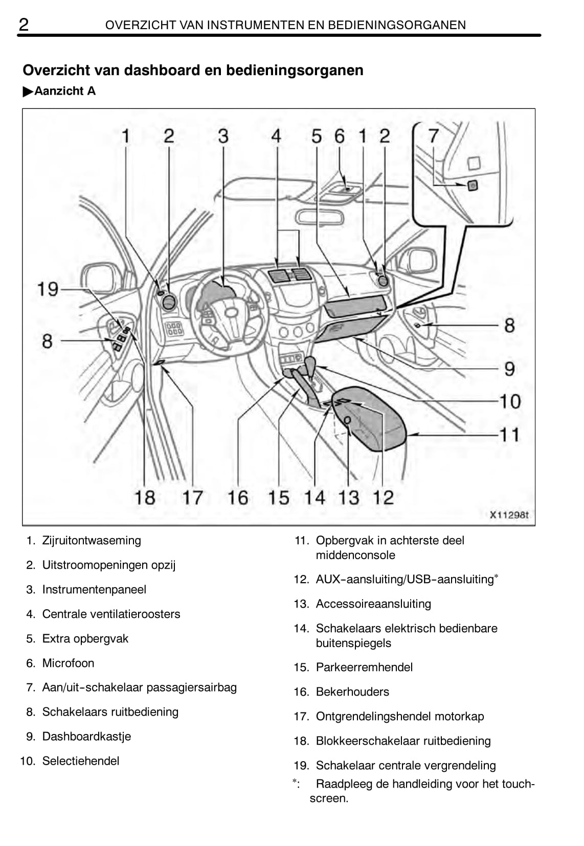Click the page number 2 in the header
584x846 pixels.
pos(24,24)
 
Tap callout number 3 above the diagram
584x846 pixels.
pos(223,136)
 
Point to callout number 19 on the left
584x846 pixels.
pos(48,289)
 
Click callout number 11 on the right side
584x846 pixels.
pos(509,434)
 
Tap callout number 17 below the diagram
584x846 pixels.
pos(193,497)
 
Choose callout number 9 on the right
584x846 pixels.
pos(509,368)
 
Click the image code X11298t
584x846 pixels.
pos(509,515)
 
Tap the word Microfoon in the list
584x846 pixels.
pos(68,663)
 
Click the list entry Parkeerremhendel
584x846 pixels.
pos(364,667)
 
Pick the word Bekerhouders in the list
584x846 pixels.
pos(352,692)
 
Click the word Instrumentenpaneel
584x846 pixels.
pos(94,589)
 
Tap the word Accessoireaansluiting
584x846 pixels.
pos(373,604)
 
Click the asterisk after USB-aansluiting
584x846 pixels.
pos(496,577)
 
